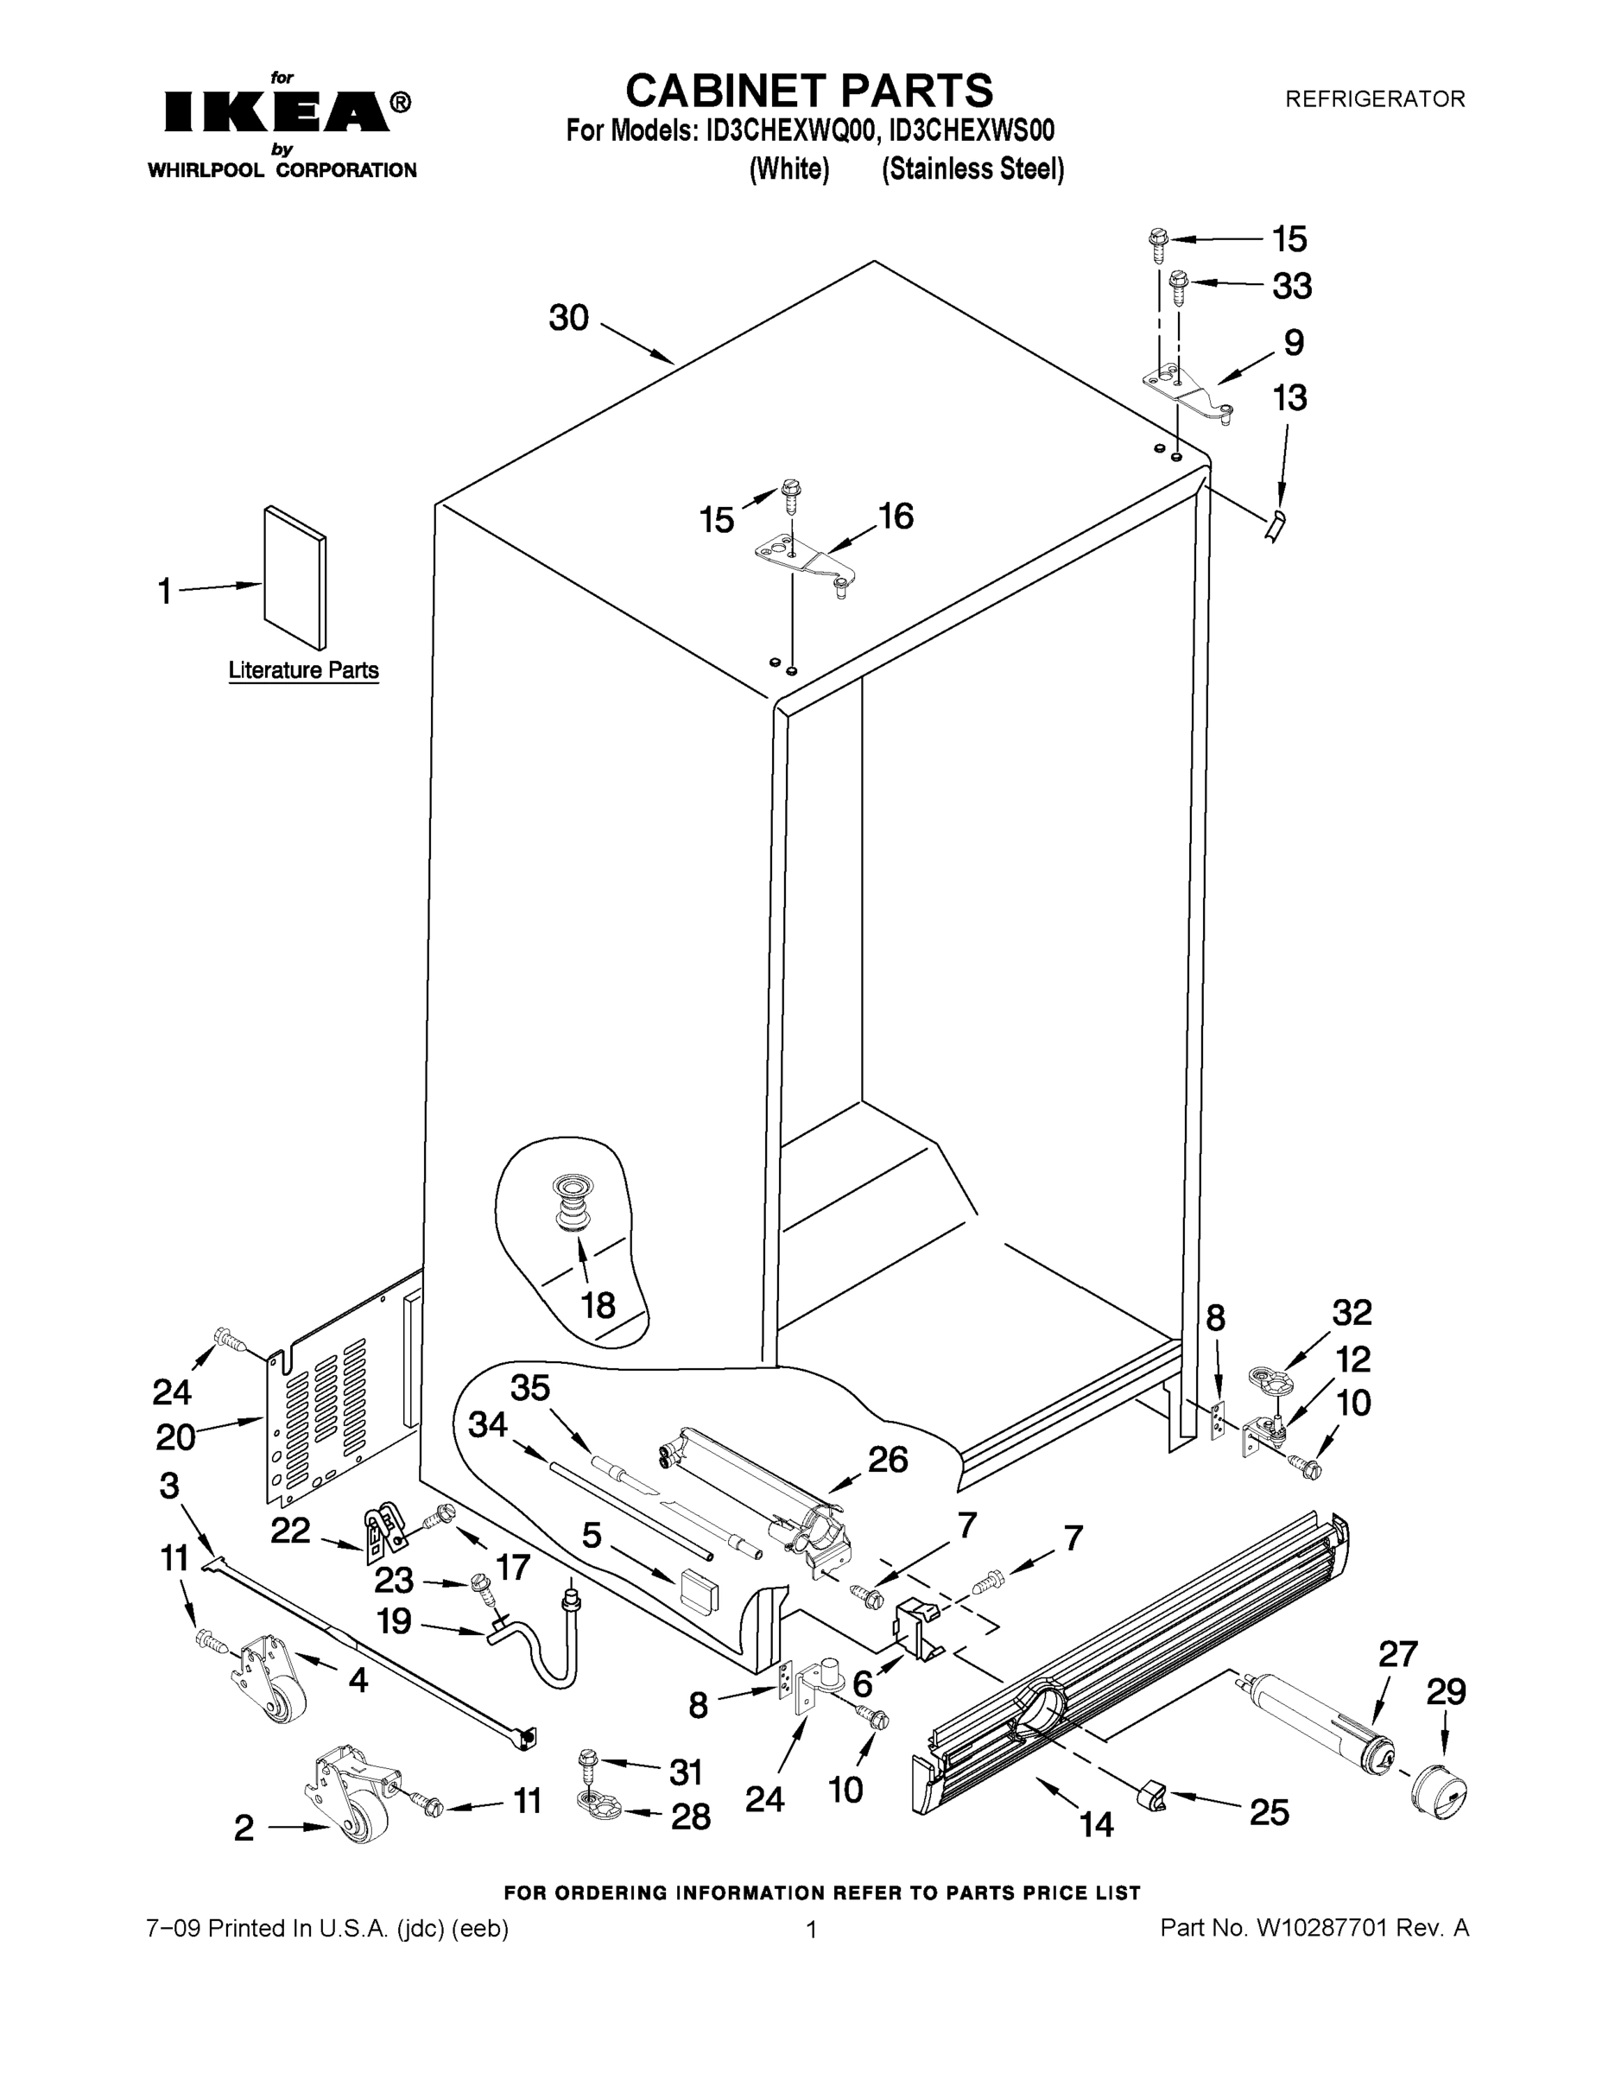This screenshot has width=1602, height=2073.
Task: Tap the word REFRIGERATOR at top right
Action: [x=1374, y=98]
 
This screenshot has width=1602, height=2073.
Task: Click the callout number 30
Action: [x=568, y=318]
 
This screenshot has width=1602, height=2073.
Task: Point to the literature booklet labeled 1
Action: [x=295, y=577]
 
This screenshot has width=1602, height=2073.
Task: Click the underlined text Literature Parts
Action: [x=304, y=670]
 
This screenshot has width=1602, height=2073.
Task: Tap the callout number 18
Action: [x=598, y=1305]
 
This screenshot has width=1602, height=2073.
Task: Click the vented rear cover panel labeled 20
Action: [x=323, y=1395]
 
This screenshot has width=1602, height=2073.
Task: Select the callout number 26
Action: [x=888, y=1459]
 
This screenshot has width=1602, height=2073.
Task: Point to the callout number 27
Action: [x=1397, y=1653]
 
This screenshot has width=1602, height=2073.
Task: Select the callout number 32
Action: [x=1352, y=1313]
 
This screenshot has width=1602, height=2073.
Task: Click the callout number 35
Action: [x=530, y=1388]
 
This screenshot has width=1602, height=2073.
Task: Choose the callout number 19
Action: [x=394, y=1620]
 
